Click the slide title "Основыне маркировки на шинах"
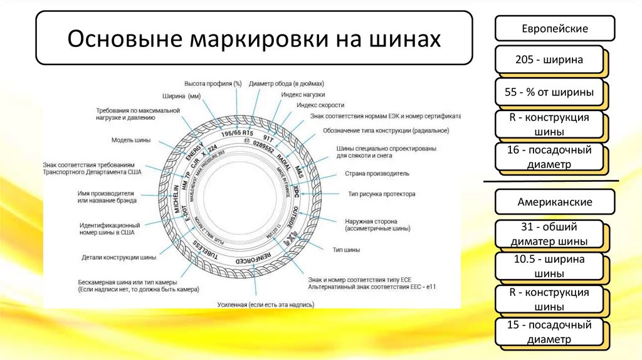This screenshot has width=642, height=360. pos(254,38)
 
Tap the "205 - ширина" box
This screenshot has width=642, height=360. pos(549,60)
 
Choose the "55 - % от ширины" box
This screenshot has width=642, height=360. pos(549,93)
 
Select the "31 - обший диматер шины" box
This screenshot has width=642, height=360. pos(549,234)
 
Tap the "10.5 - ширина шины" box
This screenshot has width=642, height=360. pos(549,267)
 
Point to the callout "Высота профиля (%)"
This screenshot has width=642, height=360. pos(213,83)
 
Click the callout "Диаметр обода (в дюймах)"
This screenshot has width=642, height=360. pos(286,83)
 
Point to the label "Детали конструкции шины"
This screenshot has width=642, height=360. pos(119,257)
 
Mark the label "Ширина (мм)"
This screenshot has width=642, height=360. pos(181,97)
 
